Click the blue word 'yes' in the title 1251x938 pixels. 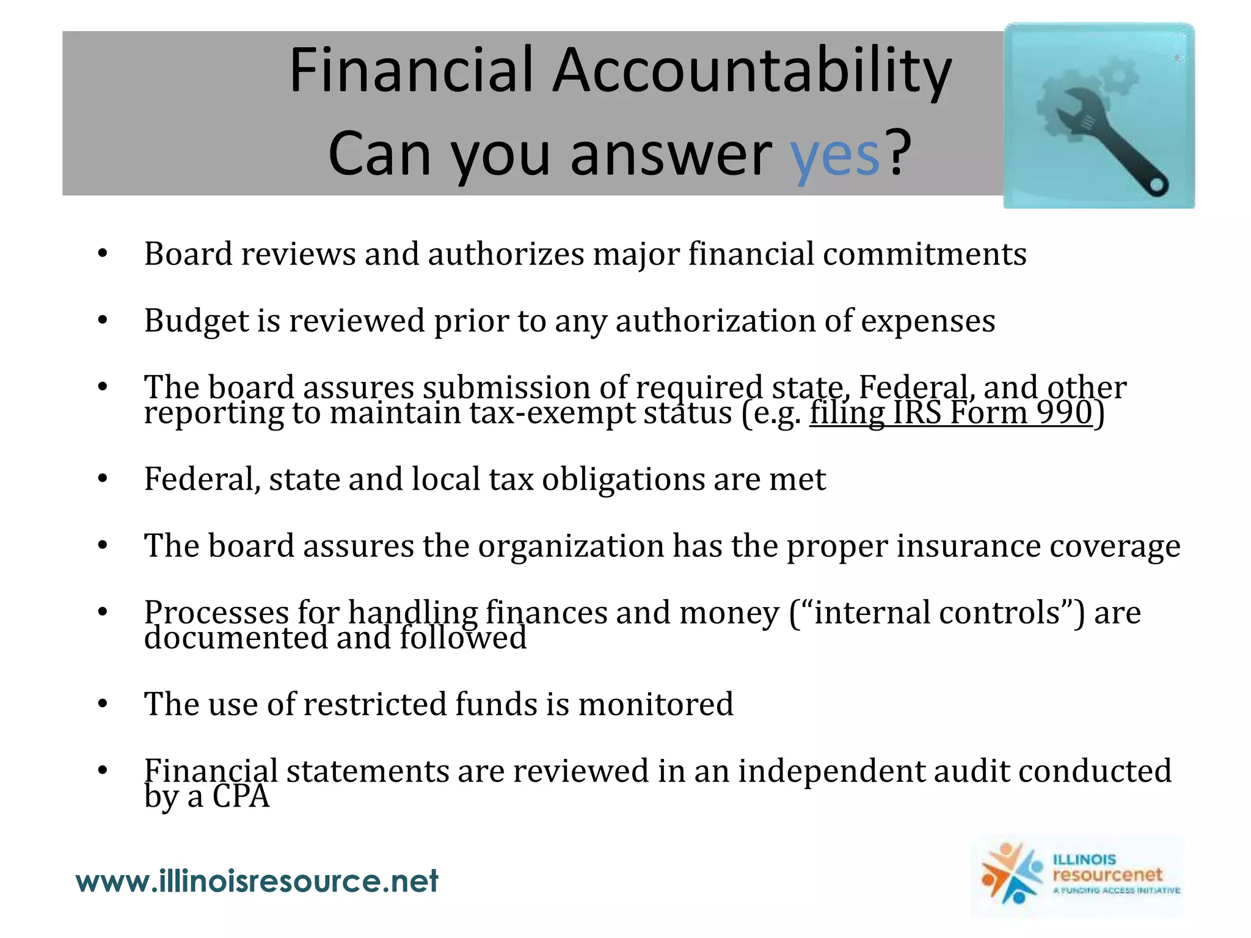coord(834,156)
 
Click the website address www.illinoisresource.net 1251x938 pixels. coord(257,881)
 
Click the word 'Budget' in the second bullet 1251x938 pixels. coord(195,321)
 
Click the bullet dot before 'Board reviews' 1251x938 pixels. coord(103,254)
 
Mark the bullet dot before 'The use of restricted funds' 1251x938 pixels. coord(103,704)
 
